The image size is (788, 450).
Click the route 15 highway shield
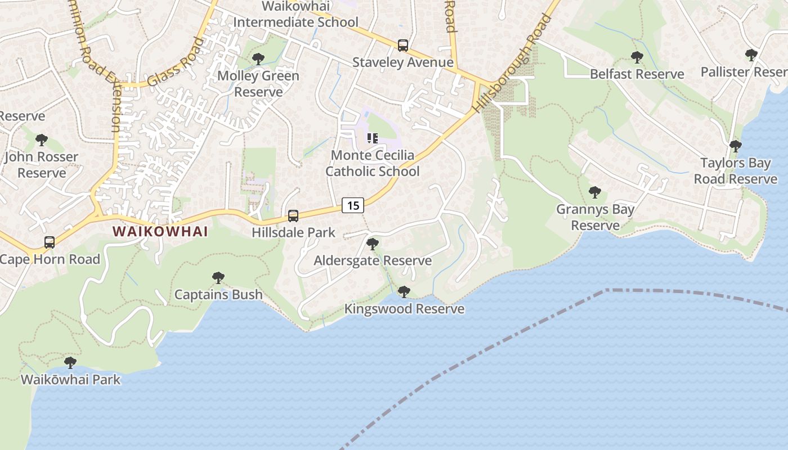click(353, 205)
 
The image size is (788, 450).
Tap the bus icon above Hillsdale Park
click(293, 215)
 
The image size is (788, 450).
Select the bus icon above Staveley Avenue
click(403, 46)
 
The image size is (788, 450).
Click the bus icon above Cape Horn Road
click(50, 242)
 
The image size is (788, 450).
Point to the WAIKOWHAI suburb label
click(160, 231)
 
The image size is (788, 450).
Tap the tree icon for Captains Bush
click(218, 277)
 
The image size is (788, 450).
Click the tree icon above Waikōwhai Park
click(70, 362)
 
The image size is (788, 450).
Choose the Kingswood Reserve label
click(404, 309)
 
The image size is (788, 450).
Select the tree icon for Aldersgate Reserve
click(372, 244)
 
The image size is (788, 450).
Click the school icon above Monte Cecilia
click(372, 138)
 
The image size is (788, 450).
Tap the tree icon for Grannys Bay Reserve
click(595, 192)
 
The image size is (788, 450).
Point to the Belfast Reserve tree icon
click(637, 57)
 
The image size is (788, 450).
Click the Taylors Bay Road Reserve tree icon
click(735, 146)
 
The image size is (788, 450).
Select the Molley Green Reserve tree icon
click(258, 58)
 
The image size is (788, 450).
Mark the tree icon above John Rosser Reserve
click(41, 139)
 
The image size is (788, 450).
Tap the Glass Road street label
click(175, 62)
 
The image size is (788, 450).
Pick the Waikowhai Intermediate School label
click(295, 15)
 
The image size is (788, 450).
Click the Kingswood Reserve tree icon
click(404, 291)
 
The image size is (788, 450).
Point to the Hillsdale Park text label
click(293, 232)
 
